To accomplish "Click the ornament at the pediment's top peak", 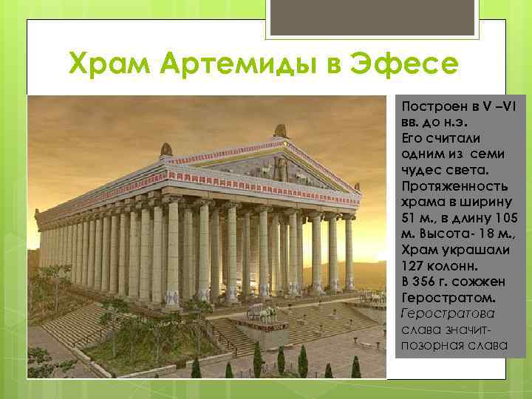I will tap(280, 131).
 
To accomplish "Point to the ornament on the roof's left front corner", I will tap(166, 150).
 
